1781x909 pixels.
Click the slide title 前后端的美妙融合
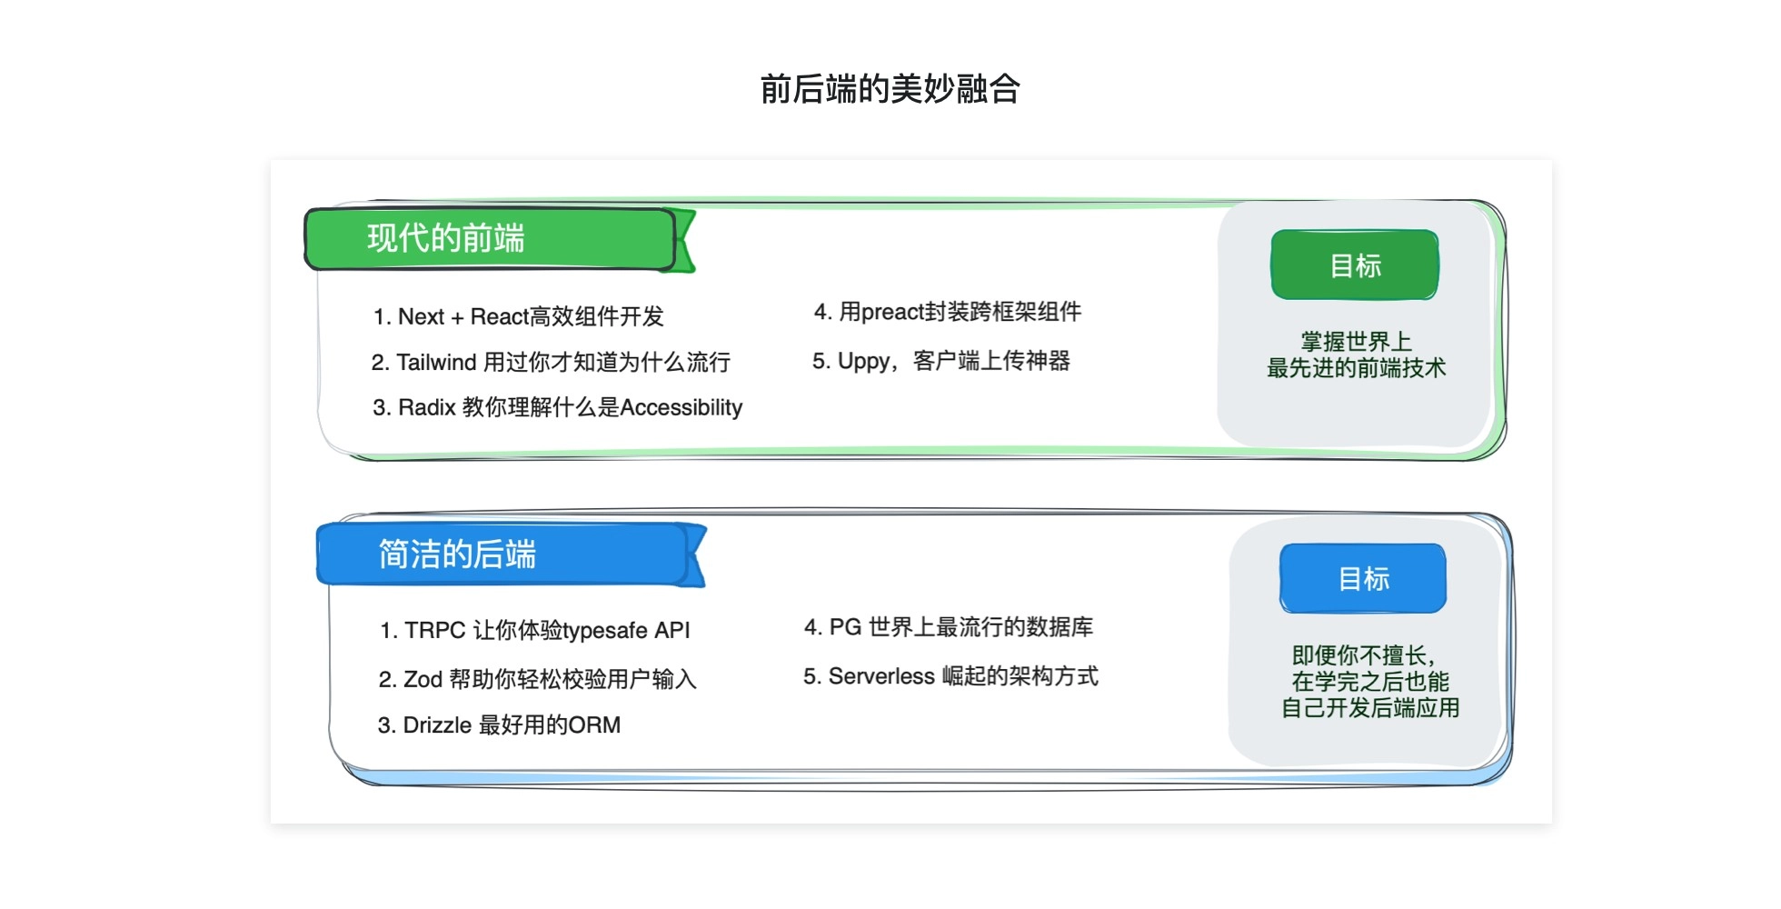tap(890, 89)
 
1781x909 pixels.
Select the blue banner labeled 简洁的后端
tap(510, 554)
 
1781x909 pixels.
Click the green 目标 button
tap(1355, 265)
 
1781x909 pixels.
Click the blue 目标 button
tap(1363, 578)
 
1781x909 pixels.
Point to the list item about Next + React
tap(518, 316)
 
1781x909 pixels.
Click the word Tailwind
tap(436, 362)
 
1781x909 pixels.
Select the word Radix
tap(426, 407)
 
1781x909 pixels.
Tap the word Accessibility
tap(681, 407)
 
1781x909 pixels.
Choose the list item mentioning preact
tap(948, 312)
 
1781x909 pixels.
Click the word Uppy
tap(863, 362)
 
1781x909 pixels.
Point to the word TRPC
tap(434, 630)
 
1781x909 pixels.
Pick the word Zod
tap(423, 679)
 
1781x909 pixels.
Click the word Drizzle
tap(437, 724)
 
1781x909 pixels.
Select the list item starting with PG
tap(949, 627)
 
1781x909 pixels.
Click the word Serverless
tap(881, 676)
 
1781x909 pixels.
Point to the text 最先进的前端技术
tap(1356, 368)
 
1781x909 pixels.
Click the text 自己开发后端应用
tap(1370, 708)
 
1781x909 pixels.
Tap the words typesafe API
tap(626, 631)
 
